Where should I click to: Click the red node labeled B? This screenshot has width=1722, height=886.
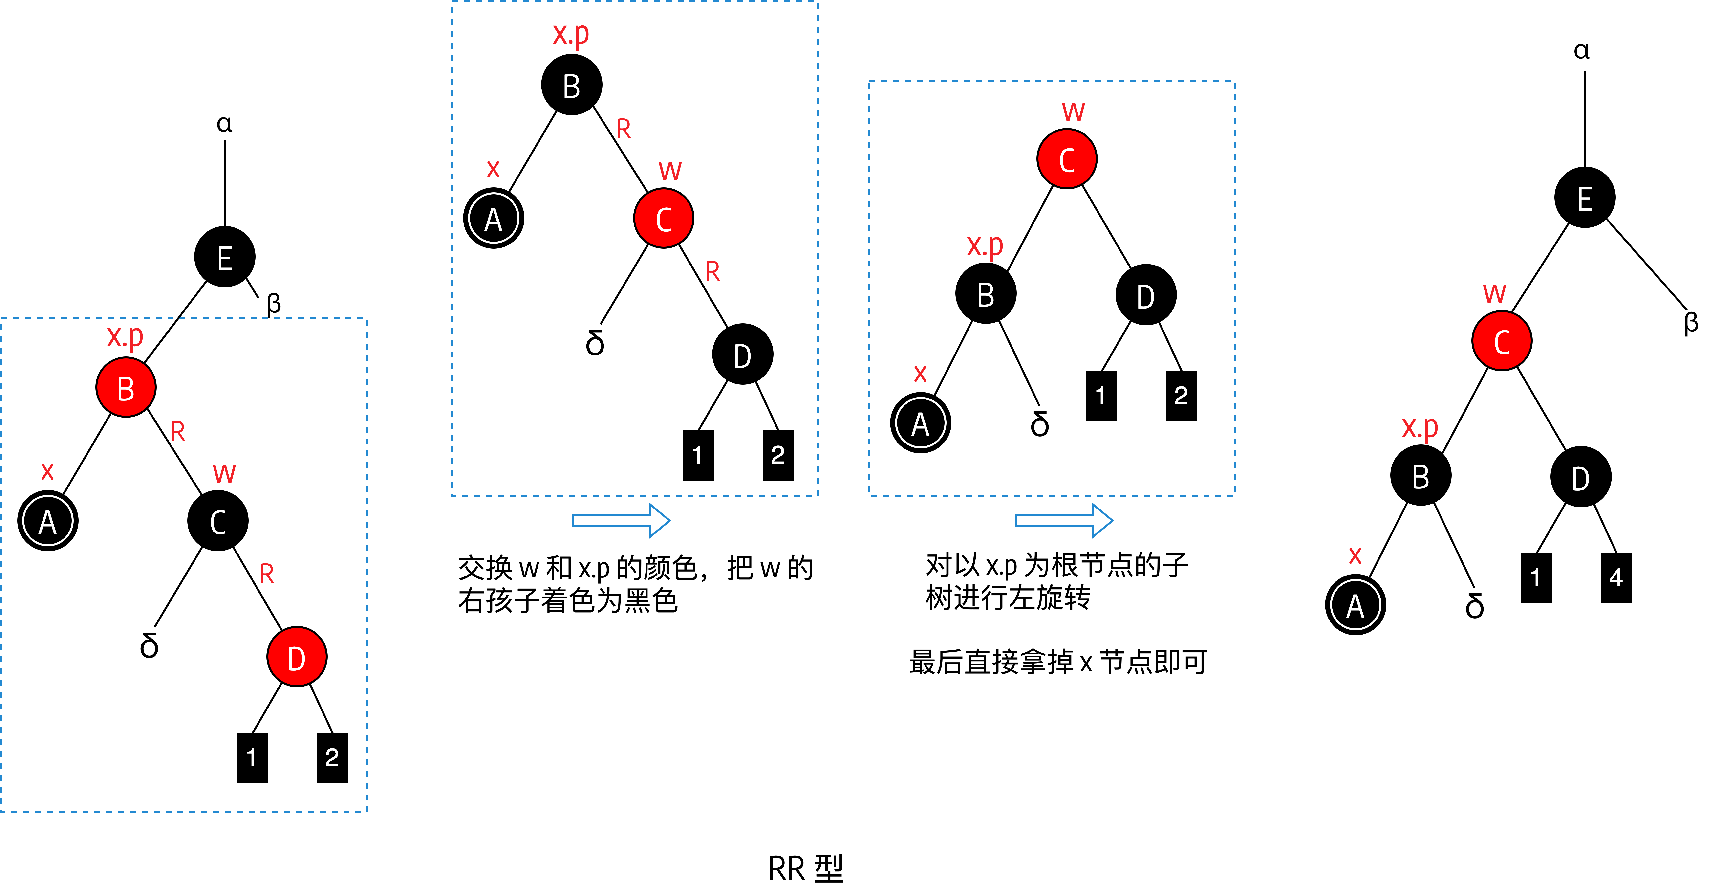click(126, 388)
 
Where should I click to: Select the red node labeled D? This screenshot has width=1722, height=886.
click(297, 657)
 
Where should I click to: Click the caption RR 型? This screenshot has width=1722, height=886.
click(805, 868)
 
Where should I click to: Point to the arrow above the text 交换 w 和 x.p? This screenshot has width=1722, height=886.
click(620, 520)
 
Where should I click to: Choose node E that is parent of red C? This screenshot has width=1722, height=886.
click(1584, 198)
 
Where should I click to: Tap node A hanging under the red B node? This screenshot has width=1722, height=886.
click(47, 522)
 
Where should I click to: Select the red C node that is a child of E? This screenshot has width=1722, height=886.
click(1501, 342)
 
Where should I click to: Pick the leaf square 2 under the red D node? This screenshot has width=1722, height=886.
click(332, 758)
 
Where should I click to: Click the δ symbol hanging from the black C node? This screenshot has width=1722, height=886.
click(149, 645)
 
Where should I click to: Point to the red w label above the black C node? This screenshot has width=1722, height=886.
click(224, 473)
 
